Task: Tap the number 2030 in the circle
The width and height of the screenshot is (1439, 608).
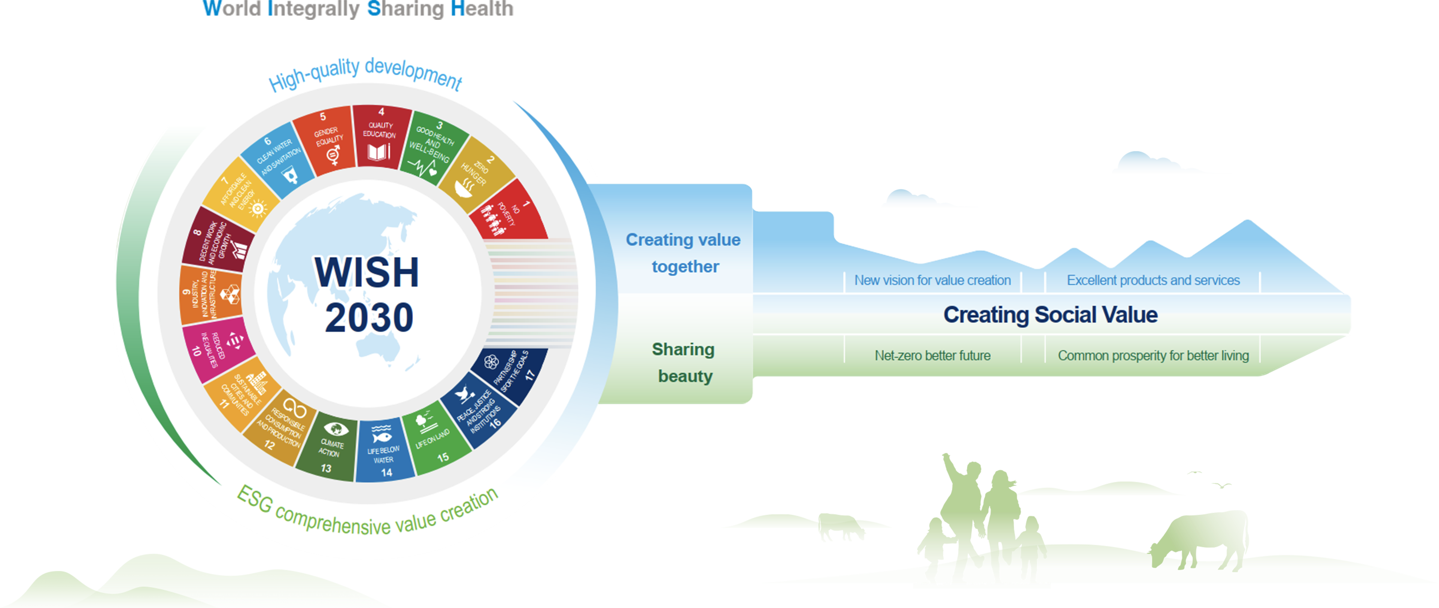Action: point(369,317)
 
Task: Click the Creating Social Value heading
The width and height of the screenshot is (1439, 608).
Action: point(1050,315)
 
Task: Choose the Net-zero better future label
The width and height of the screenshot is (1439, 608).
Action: point(932,356)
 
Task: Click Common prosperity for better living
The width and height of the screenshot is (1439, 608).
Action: point(1153,356)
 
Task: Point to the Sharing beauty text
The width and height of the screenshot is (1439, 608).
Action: point(684,363)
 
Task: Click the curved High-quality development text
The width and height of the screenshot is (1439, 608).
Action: point(366,74)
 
